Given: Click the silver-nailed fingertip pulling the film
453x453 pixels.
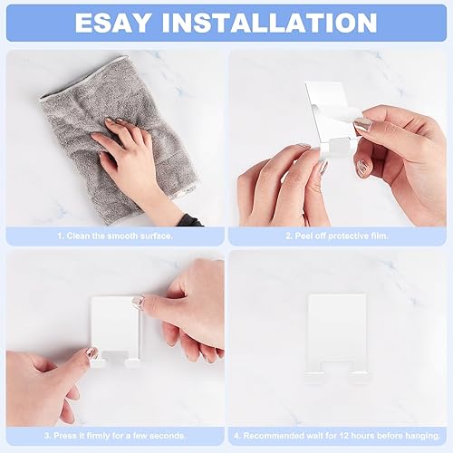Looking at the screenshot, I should [362, 124].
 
